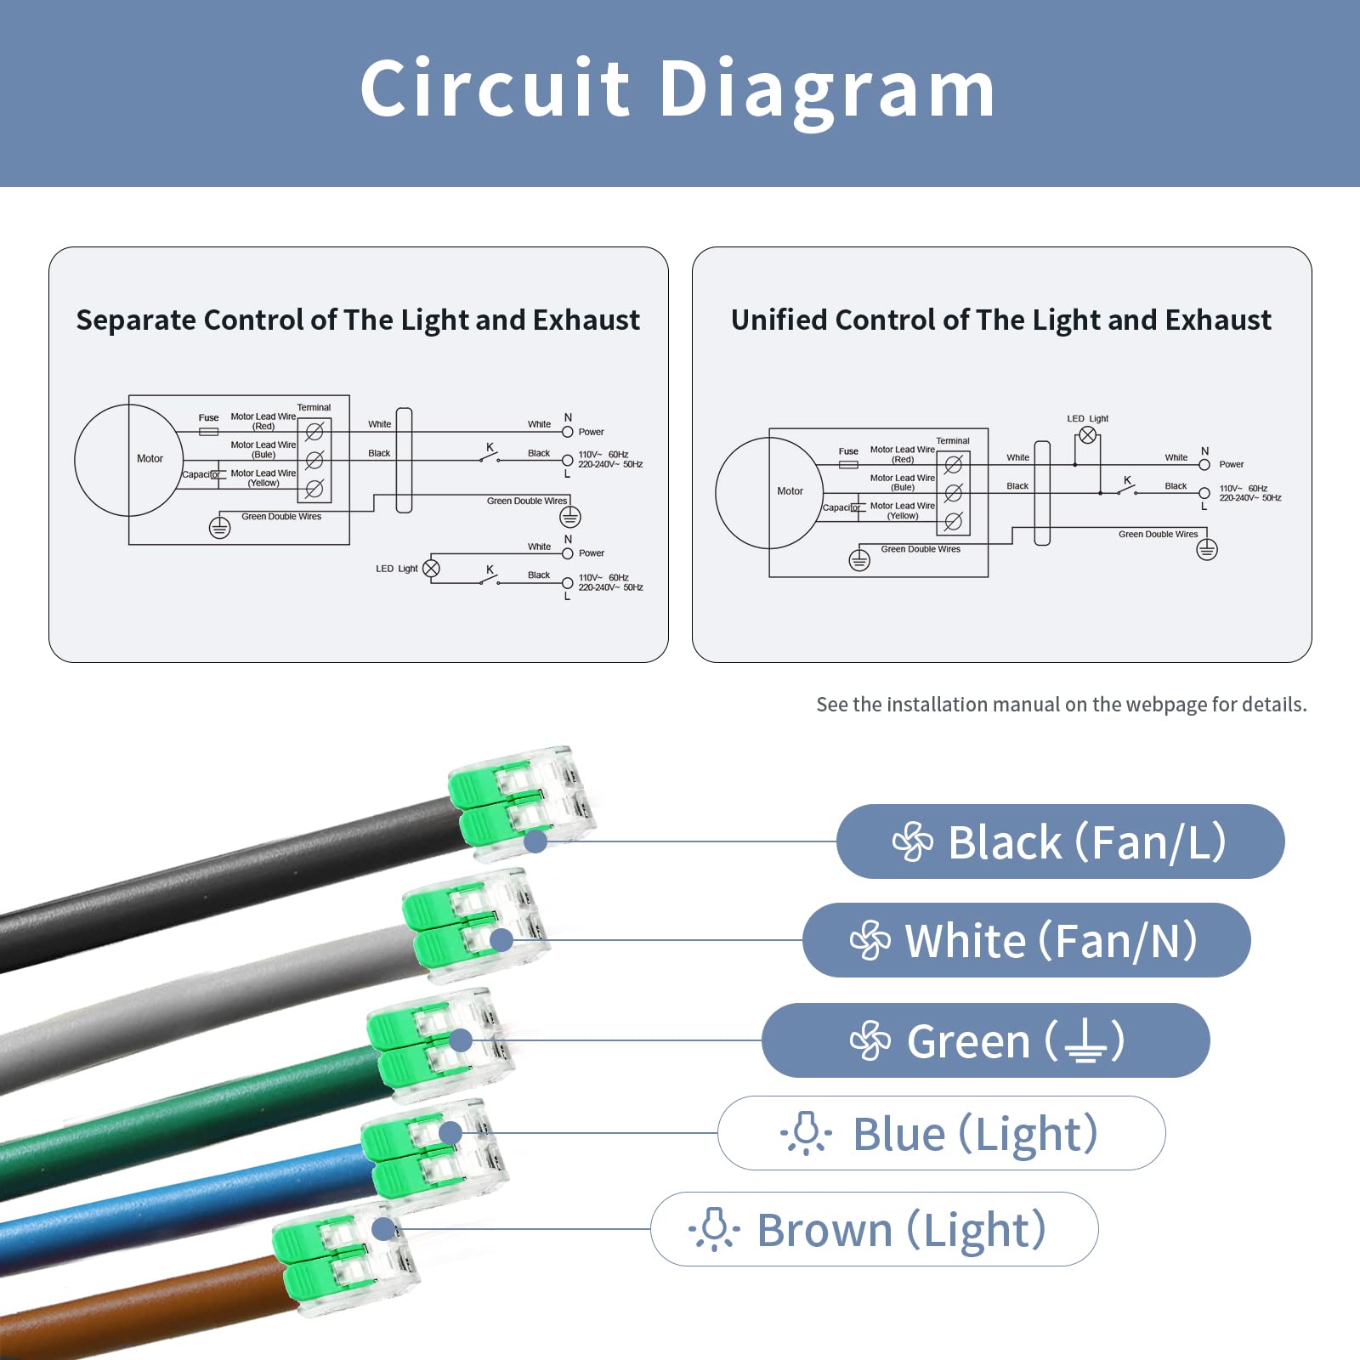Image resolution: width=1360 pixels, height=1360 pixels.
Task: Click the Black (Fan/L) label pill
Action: click(x=1060, y=841)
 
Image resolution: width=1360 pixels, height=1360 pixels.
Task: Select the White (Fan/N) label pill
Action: click(x=1026, y=940)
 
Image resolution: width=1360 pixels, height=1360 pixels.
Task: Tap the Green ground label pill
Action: click(x=985, y=1040)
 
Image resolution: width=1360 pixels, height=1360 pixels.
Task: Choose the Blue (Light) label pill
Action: click(x=941, y=1133)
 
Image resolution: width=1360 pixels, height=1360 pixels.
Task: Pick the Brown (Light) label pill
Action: click(x=874, y=1229)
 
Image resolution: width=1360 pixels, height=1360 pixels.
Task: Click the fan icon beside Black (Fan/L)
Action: click(x=913, y=841)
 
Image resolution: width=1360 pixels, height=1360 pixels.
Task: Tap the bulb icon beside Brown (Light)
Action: click(x=714, y=1229)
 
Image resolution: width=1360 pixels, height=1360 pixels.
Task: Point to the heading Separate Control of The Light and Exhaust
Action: click(x=358, y=320)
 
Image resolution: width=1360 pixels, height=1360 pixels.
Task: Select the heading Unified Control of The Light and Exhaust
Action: click(x=1001, y=320)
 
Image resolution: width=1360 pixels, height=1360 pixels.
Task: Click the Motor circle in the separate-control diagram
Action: click(x=127, y=460)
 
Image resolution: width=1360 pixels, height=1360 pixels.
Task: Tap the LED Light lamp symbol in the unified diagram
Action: click(x=1087, y=435)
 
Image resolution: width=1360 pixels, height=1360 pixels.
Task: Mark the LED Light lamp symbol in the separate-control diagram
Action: click(x=431, y=569)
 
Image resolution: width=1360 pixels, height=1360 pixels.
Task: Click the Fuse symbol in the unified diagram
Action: click(x=848, y=465)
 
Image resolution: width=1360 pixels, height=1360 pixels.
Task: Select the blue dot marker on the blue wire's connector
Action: click(x=450, y=1132)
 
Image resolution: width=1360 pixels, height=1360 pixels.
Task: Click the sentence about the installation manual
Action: click(x=1061, y=705)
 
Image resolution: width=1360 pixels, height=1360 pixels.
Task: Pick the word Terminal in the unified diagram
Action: click(x=952, y=440)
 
